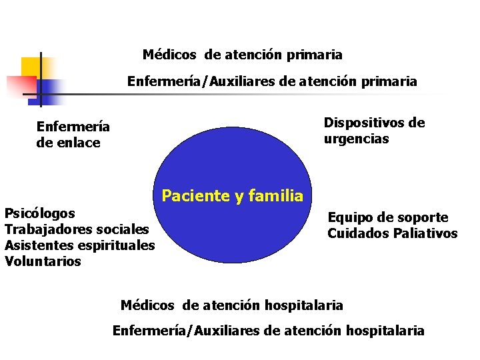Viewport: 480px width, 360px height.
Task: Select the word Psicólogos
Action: [39, 213]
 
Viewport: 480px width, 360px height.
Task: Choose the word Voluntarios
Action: [43, 261]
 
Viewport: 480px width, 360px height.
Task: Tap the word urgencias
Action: [357, 139]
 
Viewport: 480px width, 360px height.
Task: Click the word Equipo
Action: [350, 217]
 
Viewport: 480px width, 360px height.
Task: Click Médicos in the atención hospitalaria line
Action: [147, 306]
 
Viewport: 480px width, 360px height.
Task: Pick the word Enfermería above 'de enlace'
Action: [73, 127]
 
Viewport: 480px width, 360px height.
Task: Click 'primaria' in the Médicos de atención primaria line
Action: [315, 54]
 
